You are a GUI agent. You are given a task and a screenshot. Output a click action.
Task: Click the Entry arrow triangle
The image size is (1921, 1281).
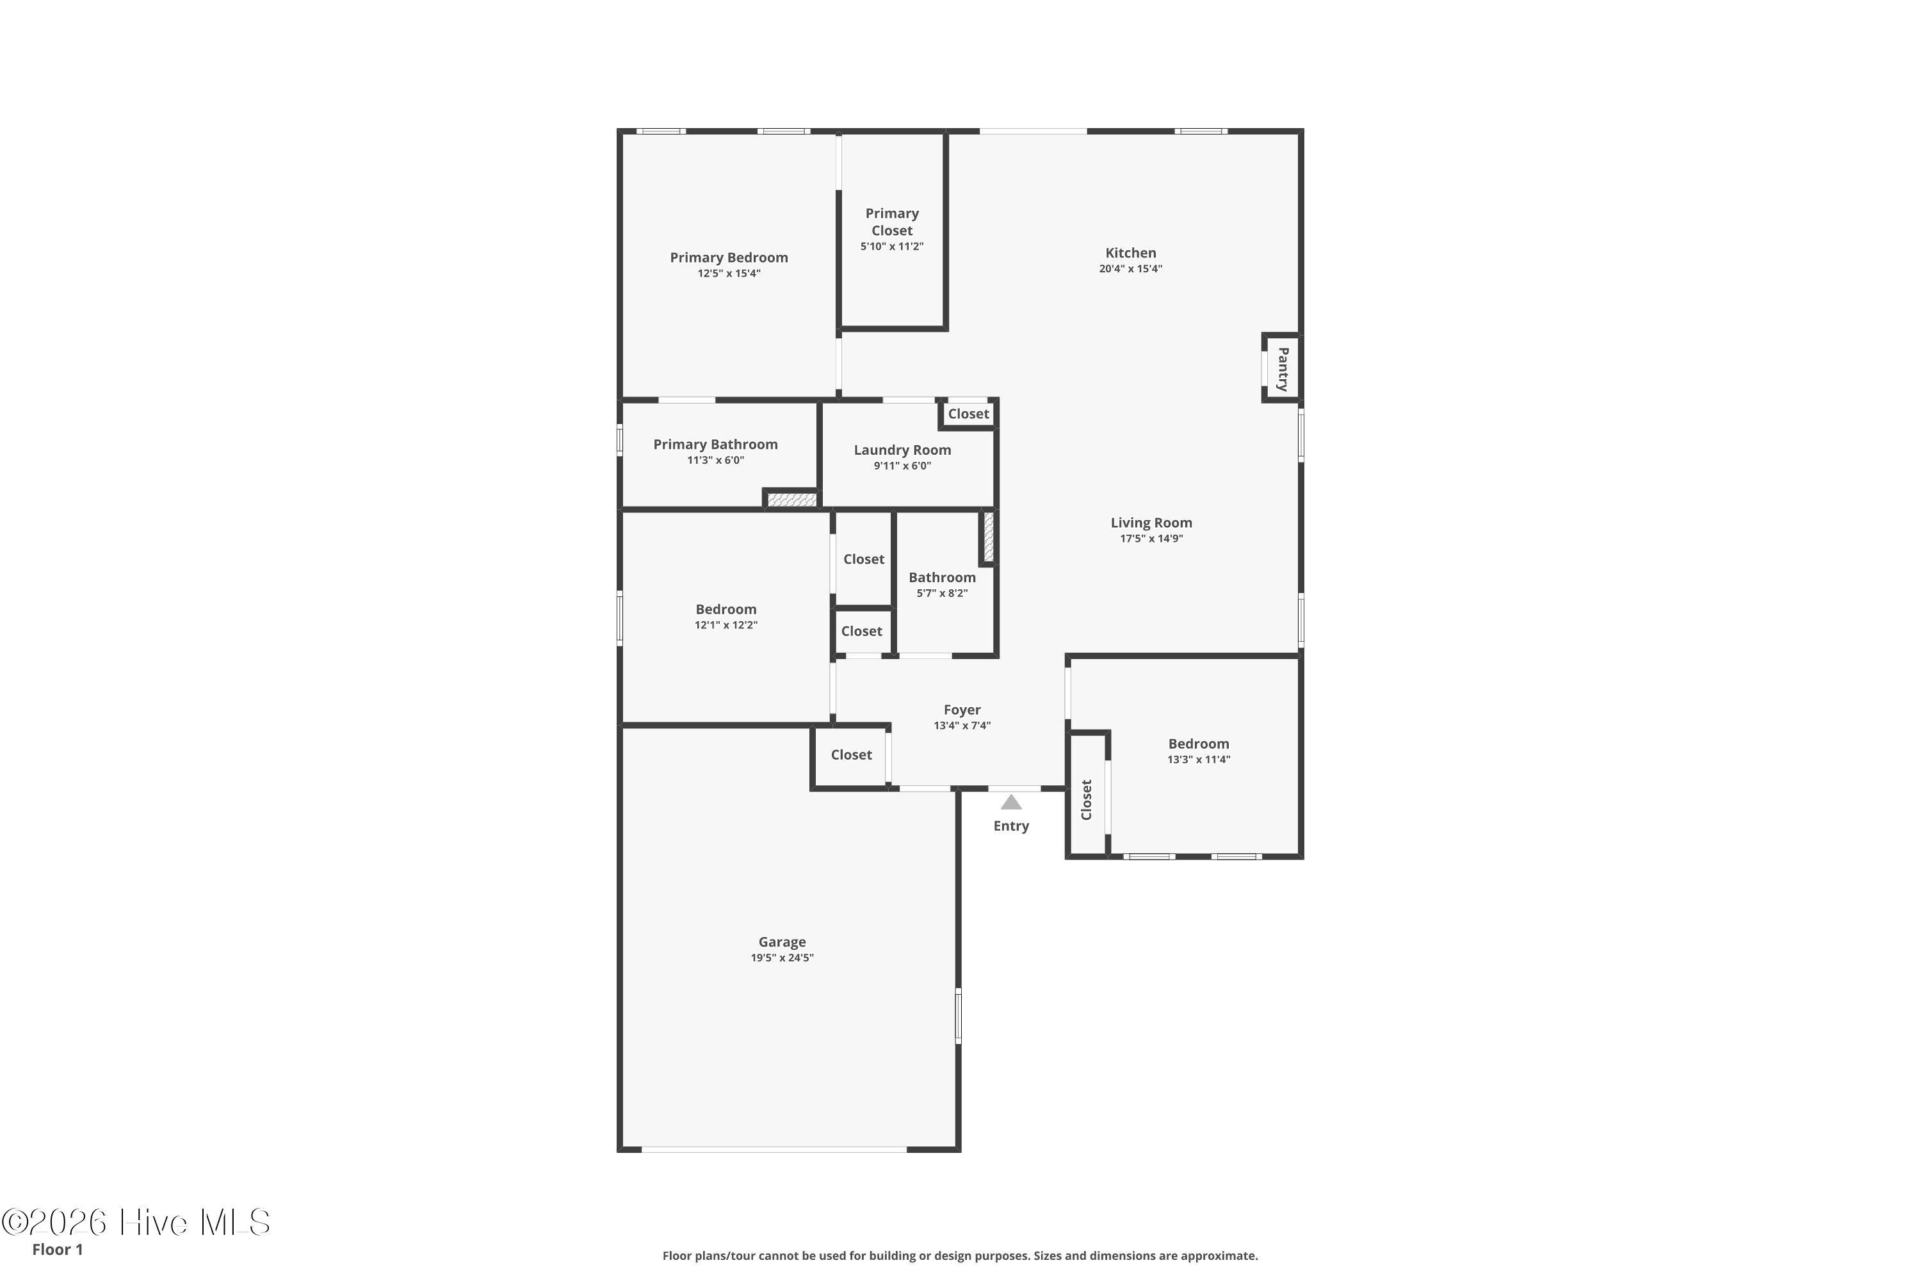pyautogui.click(x=1011, y=803)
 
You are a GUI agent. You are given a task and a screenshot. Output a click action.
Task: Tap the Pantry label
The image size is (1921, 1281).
pyautogui.click(x=1283, y=370)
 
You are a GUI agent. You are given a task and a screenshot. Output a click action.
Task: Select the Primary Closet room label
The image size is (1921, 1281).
pyautogui.click(x=892, y=222)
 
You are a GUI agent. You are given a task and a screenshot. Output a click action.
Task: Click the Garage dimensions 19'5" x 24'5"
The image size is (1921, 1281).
pyautogui.click(x=782, y=958)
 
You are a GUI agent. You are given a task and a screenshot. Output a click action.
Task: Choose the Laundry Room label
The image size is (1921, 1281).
pyautogui.click(x=902, y=450)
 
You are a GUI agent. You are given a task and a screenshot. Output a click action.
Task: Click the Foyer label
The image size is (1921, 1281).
pyautogui.click(x=962, y=710)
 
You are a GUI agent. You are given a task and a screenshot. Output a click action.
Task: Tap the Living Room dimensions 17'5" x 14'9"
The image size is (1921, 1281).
pyautogui.click(x=1151, y=539)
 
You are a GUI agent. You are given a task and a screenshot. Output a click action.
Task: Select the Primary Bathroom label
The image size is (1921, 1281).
pyautogui.click(x=715, y=445)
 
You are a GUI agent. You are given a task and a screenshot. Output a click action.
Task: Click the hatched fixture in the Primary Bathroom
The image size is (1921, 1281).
pyautogui.click(x=791, y=499)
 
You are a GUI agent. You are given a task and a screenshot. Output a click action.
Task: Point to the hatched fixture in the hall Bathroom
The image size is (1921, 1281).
pyautogui.click(x=988, y=537)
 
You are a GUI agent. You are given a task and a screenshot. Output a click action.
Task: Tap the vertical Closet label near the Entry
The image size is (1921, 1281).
pyautogui.click(x=1086, y=800)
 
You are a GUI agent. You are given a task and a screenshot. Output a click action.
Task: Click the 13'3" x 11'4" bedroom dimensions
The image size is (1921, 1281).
pyautogui.click(x=1199, y=760)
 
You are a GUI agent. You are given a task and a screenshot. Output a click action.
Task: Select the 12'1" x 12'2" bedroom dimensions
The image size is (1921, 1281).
pyautogui.click(x=726, y=625)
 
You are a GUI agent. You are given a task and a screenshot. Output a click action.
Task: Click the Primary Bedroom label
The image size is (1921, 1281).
pyautogui.click(x=729, y=257)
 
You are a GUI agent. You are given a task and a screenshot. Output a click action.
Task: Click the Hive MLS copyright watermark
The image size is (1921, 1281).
pyautogui.click(x=136, y=1222)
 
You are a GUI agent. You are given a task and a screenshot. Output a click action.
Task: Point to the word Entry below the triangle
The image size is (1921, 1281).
pyautogui.click(x=1011, y=826)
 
